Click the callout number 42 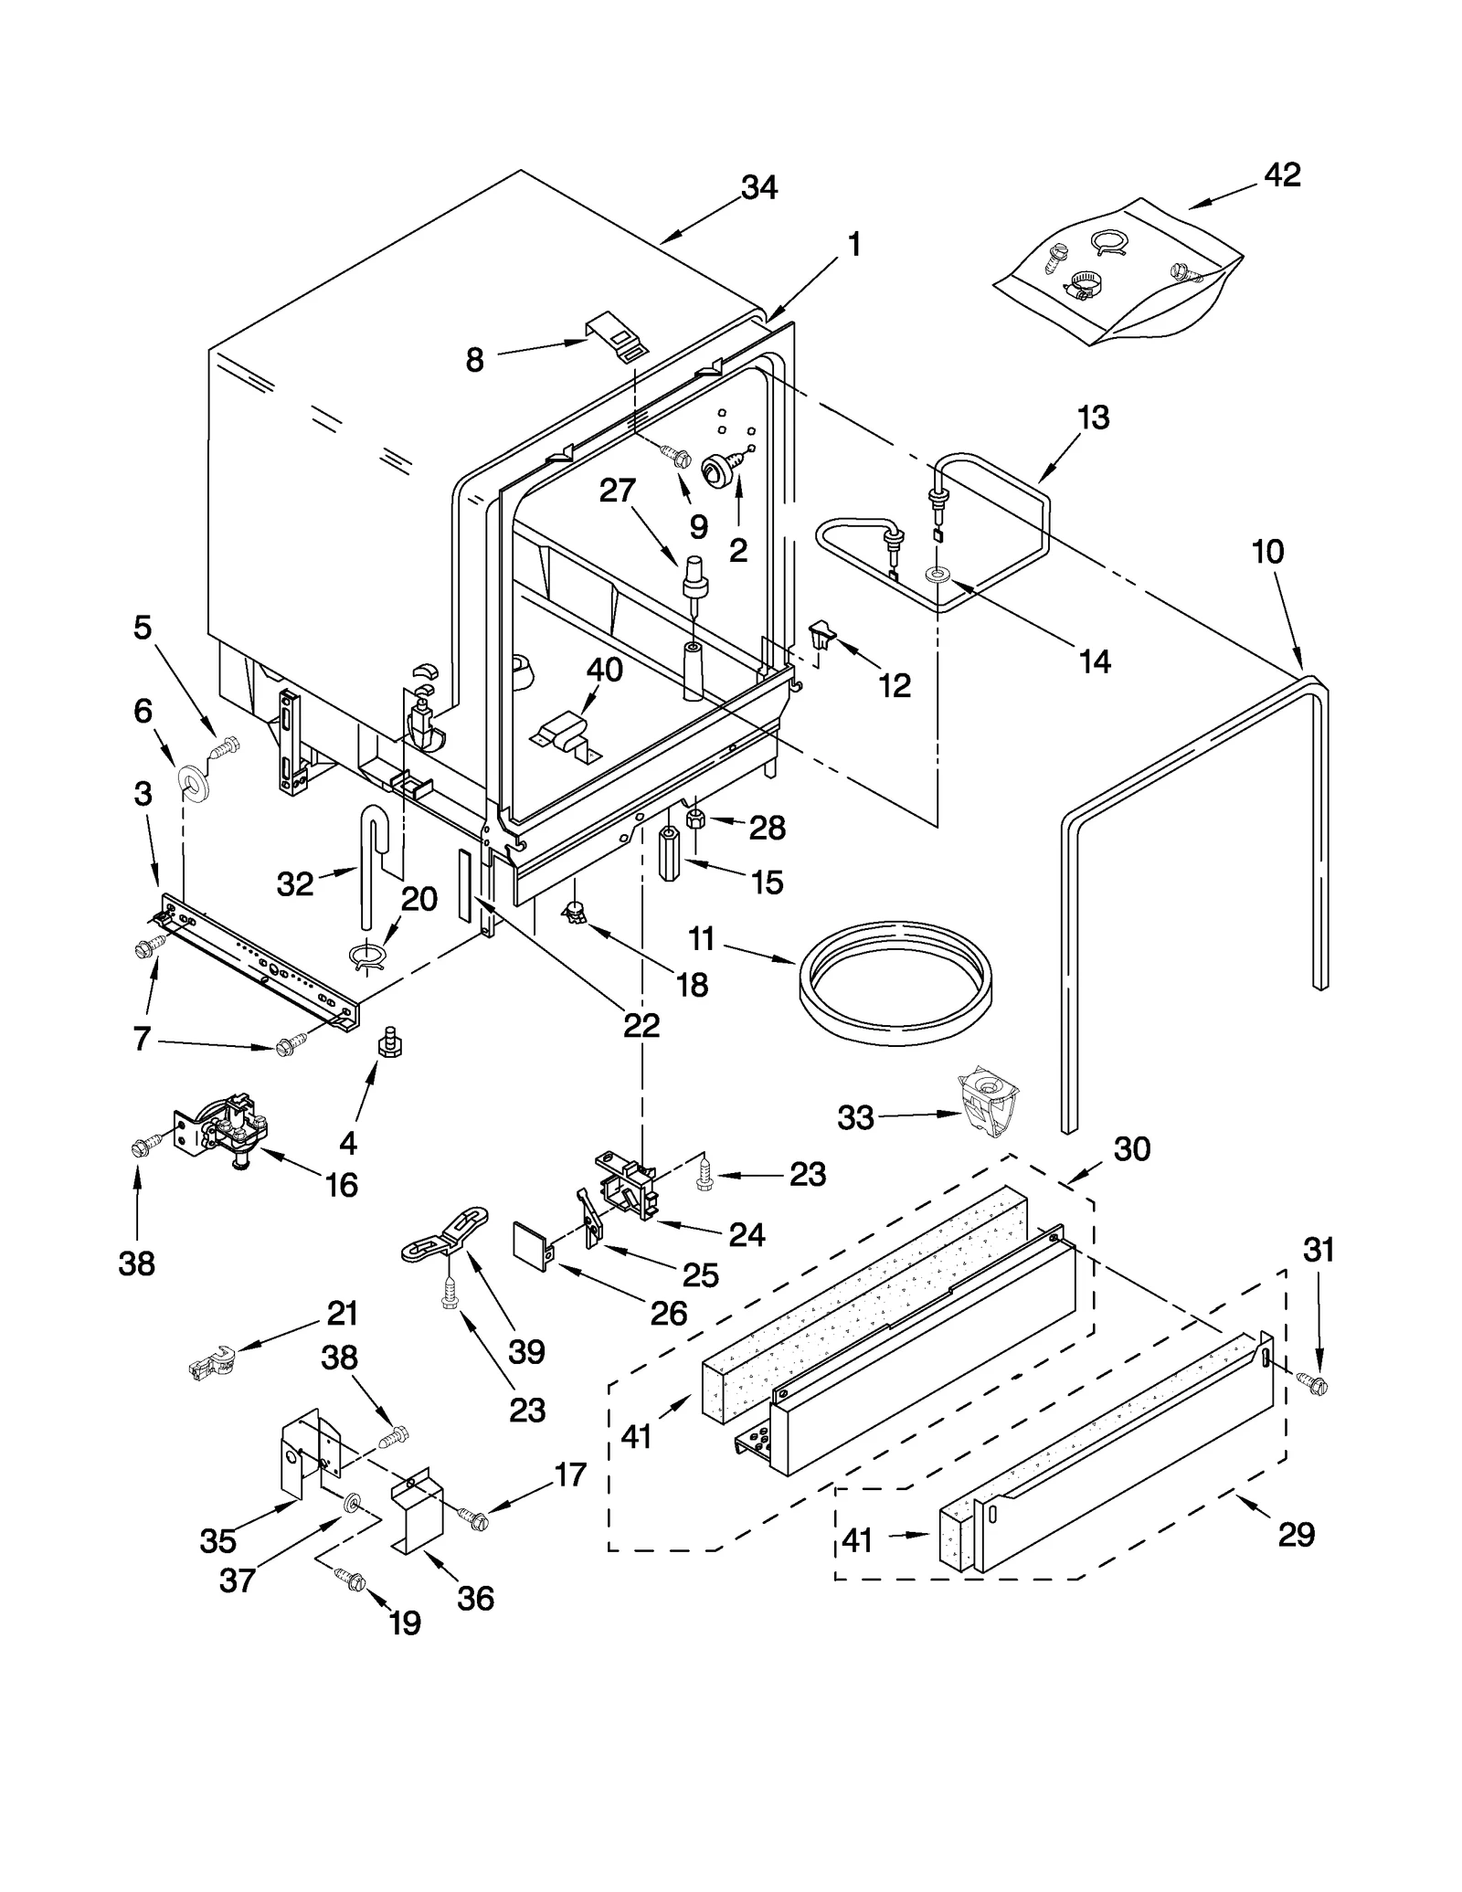point(1282,174)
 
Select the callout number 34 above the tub point(758,187)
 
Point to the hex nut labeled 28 point(695,818)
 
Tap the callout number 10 point(1267,552)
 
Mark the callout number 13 point(1093,417)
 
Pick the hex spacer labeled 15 point(671,853)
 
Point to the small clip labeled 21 point(210,1368)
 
